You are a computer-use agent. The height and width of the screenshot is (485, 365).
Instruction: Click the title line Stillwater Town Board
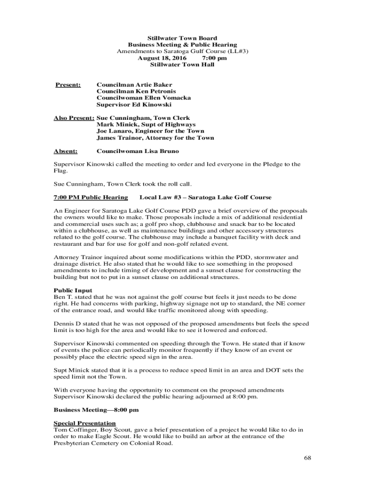pos(182,38)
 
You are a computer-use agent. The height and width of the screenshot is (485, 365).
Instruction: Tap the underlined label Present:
pos(68,85)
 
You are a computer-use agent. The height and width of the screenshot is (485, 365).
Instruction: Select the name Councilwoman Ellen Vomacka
pos(144,98)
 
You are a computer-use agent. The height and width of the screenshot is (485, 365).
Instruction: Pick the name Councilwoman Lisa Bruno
pos(137,151)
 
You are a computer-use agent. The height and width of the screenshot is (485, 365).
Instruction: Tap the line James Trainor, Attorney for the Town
pos(155,138)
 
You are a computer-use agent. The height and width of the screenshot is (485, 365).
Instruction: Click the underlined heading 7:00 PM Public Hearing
pos(91,197)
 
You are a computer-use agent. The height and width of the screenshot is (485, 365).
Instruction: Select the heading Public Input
pos(73,290)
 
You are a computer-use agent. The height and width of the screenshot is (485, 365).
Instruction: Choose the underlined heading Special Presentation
pos(84,423)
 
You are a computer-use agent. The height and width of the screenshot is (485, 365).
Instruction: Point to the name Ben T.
pos(62,297)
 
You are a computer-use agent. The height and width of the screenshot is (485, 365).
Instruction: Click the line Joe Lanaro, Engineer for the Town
pos(150,131)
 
